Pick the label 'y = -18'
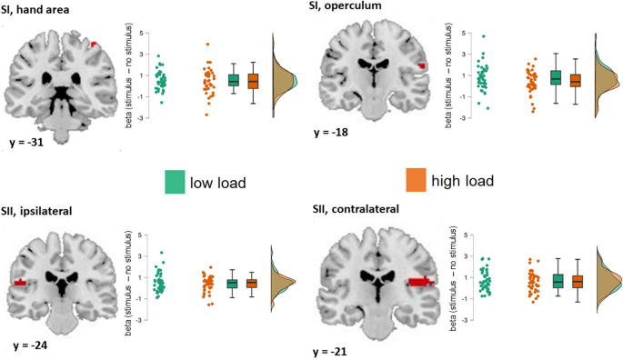(347, 131)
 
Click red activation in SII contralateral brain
(421, 282)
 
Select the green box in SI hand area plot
(234, 80)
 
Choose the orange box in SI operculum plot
(574, 80)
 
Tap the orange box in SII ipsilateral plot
(252, 284)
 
